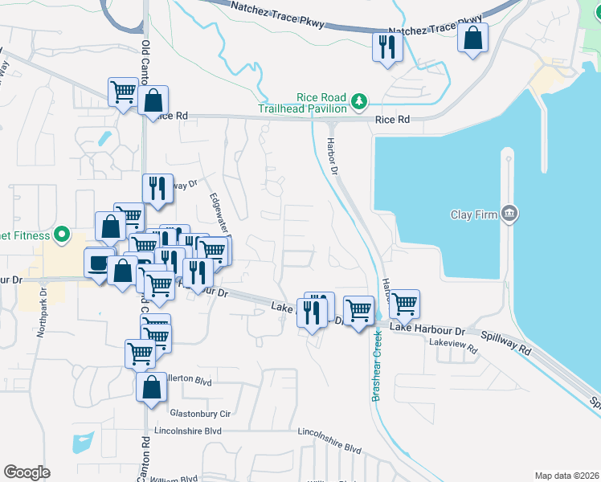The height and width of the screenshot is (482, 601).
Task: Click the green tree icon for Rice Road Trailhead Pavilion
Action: point(360,101)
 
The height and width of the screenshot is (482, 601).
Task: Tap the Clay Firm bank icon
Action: point(509,214)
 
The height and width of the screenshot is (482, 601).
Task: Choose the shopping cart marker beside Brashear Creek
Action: point(358,309)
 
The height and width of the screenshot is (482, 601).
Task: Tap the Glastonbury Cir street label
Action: point(200,414)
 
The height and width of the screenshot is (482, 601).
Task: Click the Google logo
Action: point(27,472)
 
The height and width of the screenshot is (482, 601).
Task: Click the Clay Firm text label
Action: point(472,214)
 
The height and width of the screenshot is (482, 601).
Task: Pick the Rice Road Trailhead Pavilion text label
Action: point(303,101)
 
